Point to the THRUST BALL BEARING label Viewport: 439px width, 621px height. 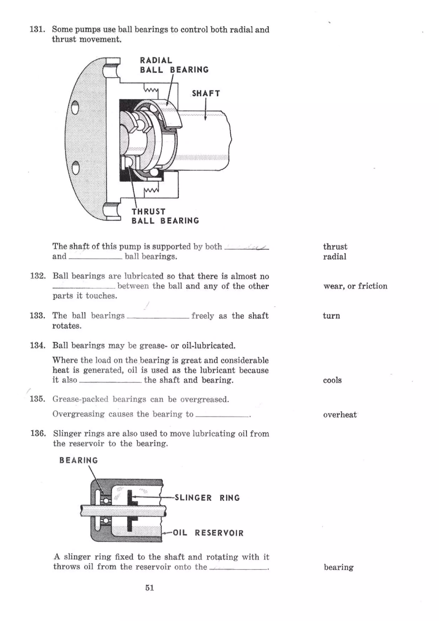(x=165, y=216)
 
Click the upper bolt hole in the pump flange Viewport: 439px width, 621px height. (x=75, y=107)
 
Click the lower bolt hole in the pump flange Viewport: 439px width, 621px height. (x=76, y=167)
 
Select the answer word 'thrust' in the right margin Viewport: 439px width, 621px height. (x=335, y=247)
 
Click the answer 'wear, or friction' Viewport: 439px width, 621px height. (x=355, y=286)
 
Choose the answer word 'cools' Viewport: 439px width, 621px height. (x=332, y=380)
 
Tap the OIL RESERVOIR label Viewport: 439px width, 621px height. (x=208, y=533)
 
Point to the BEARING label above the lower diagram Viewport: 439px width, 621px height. (x=78, y=460)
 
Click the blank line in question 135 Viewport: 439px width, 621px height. (x=222, y=416)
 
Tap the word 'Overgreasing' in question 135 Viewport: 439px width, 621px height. (x=78, y=414)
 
